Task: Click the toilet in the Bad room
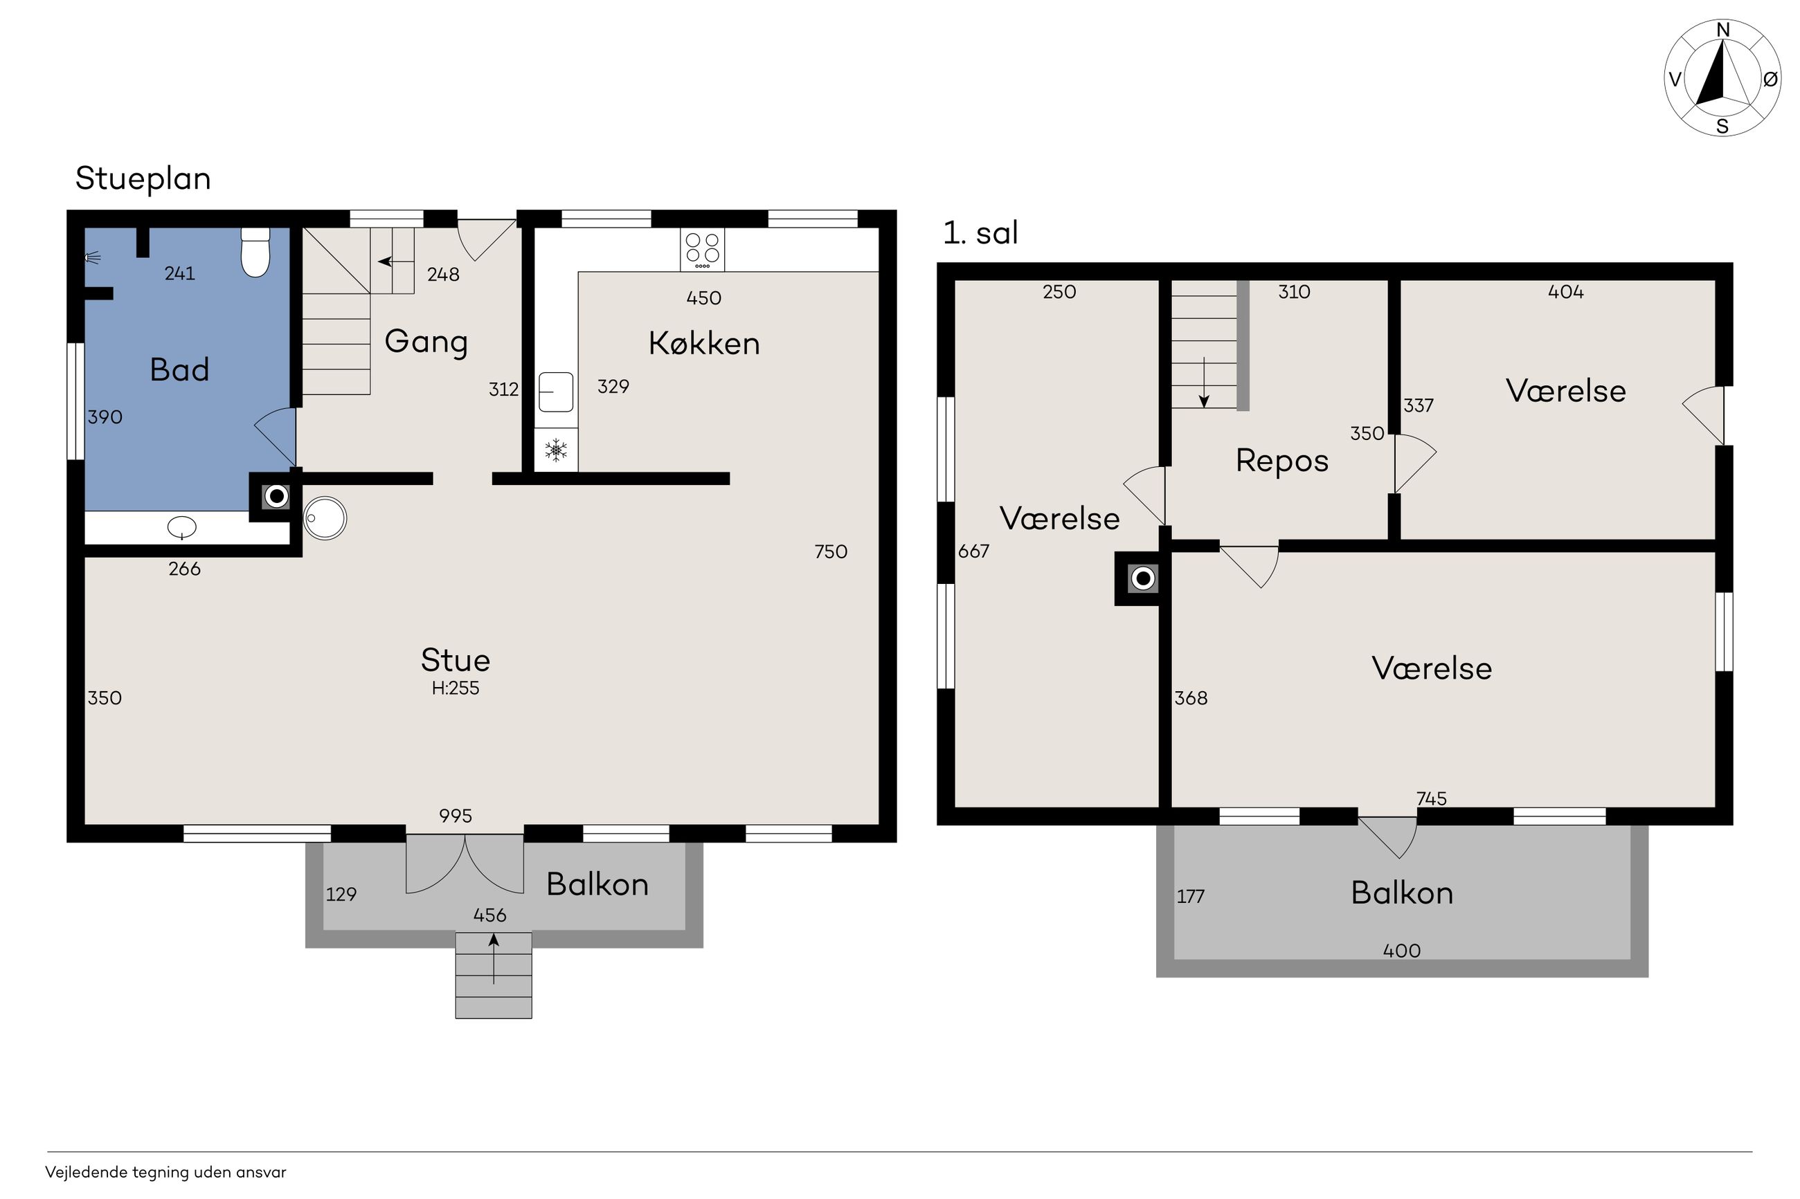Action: (x=255, y=253)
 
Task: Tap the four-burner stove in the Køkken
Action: (x=701, y=249)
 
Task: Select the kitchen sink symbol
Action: (x=555, y=392)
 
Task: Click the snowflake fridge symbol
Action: (x=555, y=450)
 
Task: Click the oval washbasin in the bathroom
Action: (x=181, y=527)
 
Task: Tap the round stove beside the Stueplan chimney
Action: (x=325, y=518)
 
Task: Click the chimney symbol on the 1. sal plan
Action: (x=1142, y=579)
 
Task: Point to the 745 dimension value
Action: (x=1431, y=799)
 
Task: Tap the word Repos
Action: (x=1282, y=461)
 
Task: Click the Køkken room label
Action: (x=704, y=343)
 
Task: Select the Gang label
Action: (x=426, y=342)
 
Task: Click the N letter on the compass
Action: (x=1722, y=30)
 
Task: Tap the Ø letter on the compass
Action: (x=1770, y=79)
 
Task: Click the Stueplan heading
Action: (x=143, y=179)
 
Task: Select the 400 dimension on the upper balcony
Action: (x=1401, y=951)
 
